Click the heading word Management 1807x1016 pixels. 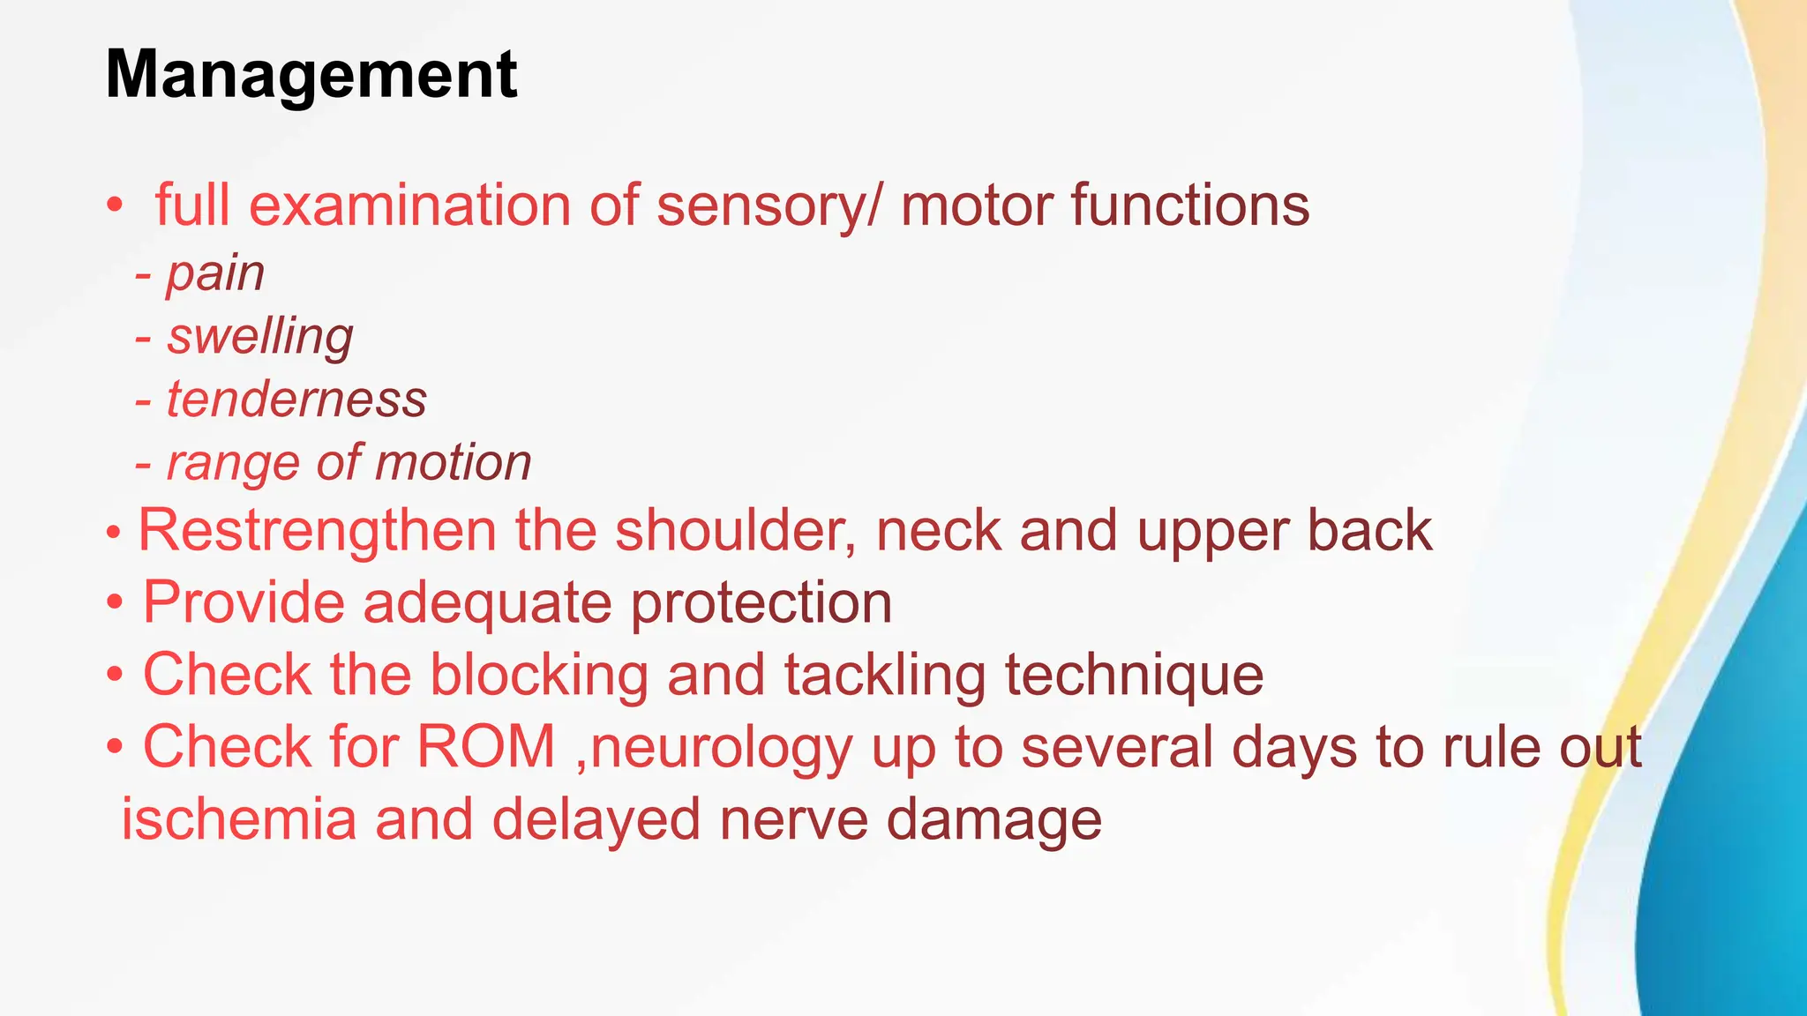pos(311,76)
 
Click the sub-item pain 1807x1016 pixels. pos(215,273)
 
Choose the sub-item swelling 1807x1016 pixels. pos(260,337)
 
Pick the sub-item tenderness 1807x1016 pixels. pos(296,400)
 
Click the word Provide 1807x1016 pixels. pos(243,603)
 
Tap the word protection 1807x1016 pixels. pos(761,603)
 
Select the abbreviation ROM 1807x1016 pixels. pos(485,748)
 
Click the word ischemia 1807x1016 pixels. pos(239,819)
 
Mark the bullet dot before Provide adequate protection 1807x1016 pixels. pos(115,604)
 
